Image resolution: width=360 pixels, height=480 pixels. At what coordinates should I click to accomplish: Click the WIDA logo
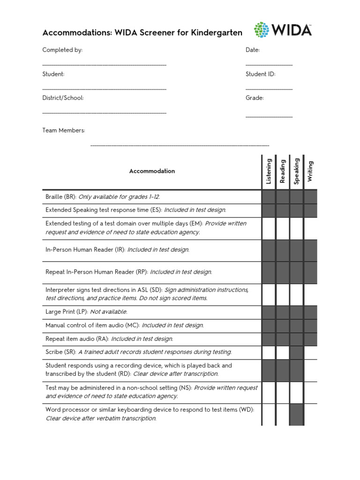pyautogui.click(x=283, y=30)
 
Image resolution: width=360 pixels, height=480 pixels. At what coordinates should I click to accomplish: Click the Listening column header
pyautogui.click(x=269, y=171)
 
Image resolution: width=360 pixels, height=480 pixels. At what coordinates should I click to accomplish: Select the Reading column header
pyautogui.click(x=283, y=171)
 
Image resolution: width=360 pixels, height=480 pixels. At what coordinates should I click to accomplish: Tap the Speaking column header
pyautogui.click(x=296, y=171)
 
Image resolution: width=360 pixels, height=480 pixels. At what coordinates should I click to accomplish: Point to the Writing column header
pyautogui.click(x=310, y=171)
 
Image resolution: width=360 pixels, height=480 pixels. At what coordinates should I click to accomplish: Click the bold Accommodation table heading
pyautogui.click(x=152, y=171)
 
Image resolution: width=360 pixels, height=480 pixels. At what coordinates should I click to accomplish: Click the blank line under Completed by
pyautogui.click(x=104, y=64)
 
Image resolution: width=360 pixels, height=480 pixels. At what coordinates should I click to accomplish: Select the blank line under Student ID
pyautogui.click(x=269, y=89)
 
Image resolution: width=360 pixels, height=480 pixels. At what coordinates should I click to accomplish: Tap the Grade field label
pyautogui.click(x=255, y=98)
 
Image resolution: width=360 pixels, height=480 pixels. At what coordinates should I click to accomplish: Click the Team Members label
pyautogui.click(x=64, y=130)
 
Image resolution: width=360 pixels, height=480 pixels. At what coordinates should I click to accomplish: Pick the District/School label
pyautogui.click(x=63, y=98)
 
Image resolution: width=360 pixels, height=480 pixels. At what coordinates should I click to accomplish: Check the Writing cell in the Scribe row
pyautogui.click(x=310, y=352)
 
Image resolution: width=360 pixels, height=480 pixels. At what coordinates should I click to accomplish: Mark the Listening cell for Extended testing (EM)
pyautogui.click(x=269, y=228)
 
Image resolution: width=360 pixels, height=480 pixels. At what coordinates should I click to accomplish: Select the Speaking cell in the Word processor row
pyautogui.click(x=296, y=414)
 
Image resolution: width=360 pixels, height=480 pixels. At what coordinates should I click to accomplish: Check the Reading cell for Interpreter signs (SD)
pyautogui.click(x=283, y=294)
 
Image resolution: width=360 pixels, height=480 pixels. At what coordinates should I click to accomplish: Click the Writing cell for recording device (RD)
pyautogui.click(x=310, y=370)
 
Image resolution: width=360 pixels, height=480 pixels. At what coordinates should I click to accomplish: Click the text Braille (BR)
pyautogui.click(x=60, y=197)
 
